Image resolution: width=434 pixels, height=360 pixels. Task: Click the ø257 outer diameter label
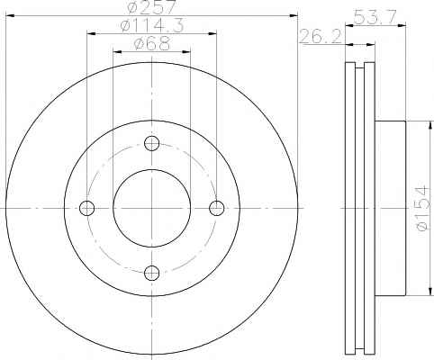tap(151, 7)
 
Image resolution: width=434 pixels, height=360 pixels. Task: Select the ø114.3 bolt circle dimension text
tap(151, 26)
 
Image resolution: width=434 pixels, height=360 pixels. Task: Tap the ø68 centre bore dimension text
tap(152, 44)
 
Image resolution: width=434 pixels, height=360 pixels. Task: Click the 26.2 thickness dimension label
tap(321, 36)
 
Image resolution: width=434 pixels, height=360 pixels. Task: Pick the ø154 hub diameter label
tap(421, 209)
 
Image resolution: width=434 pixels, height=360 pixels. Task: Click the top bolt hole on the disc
tap(151, 143)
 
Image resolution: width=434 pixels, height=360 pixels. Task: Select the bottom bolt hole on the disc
tap(151, 273)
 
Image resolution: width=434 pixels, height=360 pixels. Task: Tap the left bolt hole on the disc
tap(87, 208)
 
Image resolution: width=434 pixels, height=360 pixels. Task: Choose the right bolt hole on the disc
tap(216, 208)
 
